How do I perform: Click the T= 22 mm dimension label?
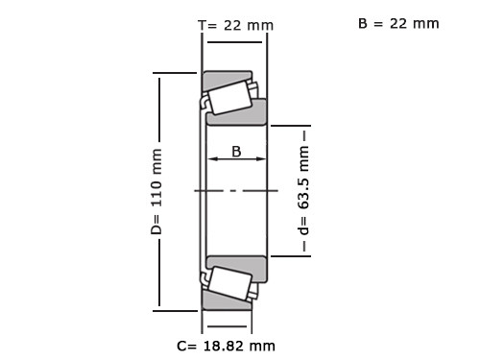236,25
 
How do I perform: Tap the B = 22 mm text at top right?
398,23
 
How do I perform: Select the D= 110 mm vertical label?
156,191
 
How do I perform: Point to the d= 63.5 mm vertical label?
303,190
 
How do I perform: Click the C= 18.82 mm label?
226,346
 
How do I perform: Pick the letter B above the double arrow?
236,152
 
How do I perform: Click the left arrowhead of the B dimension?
212,158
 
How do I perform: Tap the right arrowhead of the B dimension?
261,158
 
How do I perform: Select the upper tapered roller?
229,98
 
